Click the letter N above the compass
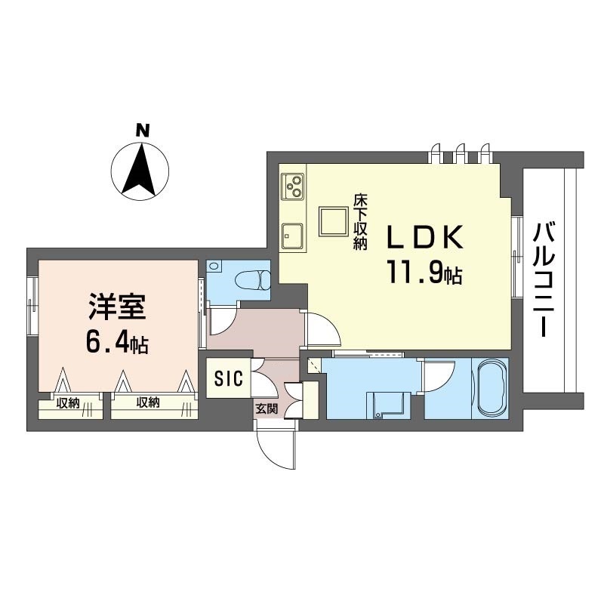tap(141, 131)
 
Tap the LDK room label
tap(424, 238)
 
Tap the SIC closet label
tap(227, 378)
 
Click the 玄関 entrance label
tap(266, 409)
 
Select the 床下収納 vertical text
tap(360, 223)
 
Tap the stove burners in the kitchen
tap(292, 184)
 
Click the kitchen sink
tap(291, 236)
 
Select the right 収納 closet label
tap(148, 403)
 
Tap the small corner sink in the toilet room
tap(214, 267)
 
